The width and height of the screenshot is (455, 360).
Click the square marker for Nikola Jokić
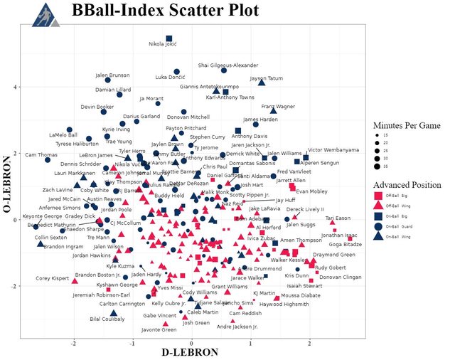pos(169,38)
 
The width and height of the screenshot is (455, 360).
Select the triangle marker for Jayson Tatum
pos(262,83)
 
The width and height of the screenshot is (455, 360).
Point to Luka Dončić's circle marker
pos(176,71)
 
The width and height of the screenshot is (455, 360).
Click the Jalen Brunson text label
pos(112,75)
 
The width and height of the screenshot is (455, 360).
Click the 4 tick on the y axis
pos(17,87)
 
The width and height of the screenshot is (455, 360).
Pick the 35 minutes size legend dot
pos(378,166)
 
